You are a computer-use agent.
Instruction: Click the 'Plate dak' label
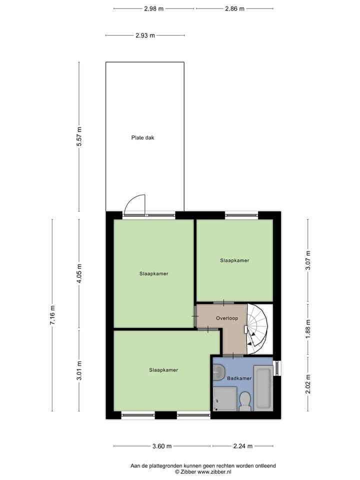pyautogui.click(x=142, y=137)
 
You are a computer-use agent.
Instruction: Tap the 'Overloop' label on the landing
pyautogui.click(x=227, y=318)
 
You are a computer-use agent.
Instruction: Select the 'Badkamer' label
pyautogui.click(x=239, y=378)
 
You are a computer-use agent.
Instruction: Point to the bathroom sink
pyautogui.click(x=218, y=371)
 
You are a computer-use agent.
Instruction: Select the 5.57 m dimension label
pyautogui.click(x=78, y=137)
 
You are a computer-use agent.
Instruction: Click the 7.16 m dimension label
pyautogui.click(x=52, y=315)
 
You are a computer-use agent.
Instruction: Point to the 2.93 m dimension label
pyautogui.click(x=145, y=35)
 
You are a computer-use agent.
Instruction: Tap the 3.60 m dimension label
pyautogui.click(x=162, y=446)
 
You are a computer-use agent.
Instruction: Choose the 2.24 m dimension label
pyautogui.click(x=242, y=446)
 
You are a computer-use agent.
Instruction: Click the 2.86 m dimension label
pyautogui.click(x=235, y=8)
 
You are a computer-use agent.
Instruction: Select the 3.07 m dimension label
pyautogui.click(x=308, y=260)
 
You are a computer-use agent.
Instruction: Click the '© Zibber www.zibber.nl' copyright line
pyautogui.click(x=203, y=471)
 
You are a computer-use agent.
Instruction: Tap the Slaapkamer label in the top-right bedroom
pyautogui.click(x=234, y=260)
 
